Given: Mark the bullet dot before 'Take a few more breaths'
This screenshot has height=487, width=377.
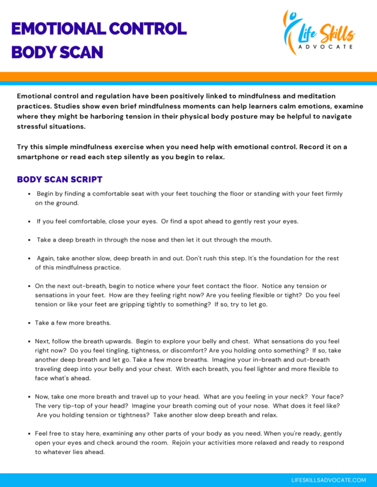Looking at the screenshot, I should pos(29,323).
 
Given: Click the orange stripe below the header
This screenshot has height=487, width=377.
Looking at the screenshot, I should pos(188,76).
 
